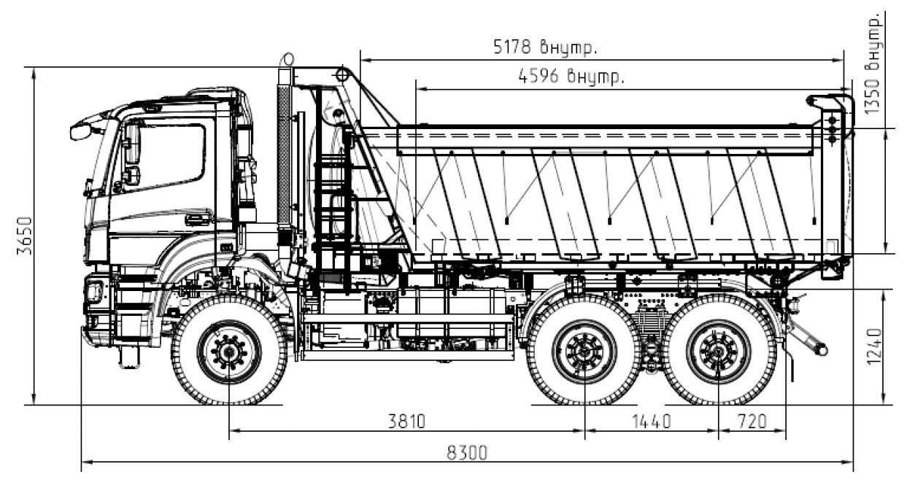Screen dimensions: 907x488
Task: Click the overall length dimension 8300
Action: click(x=467, y=453)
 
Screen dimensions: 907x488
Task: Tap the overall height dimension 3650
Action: click(x=25, y=236)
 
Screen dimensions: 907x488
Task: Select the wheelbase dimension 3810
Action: click(x=407, y=422)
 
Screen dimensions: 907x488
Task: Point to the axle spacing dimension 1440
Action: click(x=652, y=422)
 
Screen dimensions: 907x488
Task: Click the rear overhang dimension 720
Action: click(x=752, y=422)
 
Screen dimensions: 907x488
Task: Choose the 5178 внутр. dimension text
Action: click(x=545, y=47)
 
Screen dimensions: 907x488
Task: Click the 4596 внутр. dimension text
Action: click(x=571, y=76)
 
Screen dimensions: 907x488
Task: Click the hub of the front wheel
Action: click(x=229, y=352)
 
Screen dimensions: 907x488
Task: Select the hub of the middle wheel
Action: click(x=584, y=352)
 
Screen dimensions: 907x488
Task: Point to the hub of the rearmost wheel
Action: click(x=718, y=352)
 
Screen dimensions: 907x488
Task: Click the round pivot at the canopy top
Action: click(x=342, y=75)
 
